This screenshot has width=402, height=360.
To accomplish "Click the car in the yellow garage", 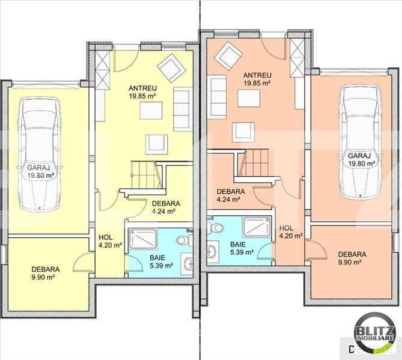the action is coord(40,154).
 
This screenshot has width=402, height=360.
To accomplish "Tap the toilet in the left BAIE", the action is coord(184,240).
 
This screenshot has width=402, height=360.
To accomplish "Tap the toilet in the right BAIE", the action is coord(216,228).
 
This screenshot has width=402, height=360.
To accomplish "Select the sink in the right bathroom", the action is coord(212,252).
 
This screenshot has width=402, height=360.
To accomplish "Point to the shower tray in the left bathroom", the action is coord(143,239).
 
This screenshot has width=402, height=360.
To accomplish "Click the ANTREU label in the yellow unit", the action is coord(142,88).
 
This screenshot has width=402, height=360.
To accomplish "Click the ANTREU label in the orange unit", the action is coord(257,75).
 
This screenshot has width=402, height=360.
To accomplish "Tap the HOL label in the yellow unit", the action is coord(105,237).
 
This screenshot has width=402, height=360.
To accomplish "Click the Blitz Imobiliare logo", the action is coord(374,331).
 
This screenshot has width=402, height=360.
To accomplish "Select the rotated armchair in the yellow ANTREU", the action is coord(171,68).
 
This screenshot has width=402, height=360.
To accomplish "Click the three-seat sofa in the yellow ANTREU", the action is coord(183,109).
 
